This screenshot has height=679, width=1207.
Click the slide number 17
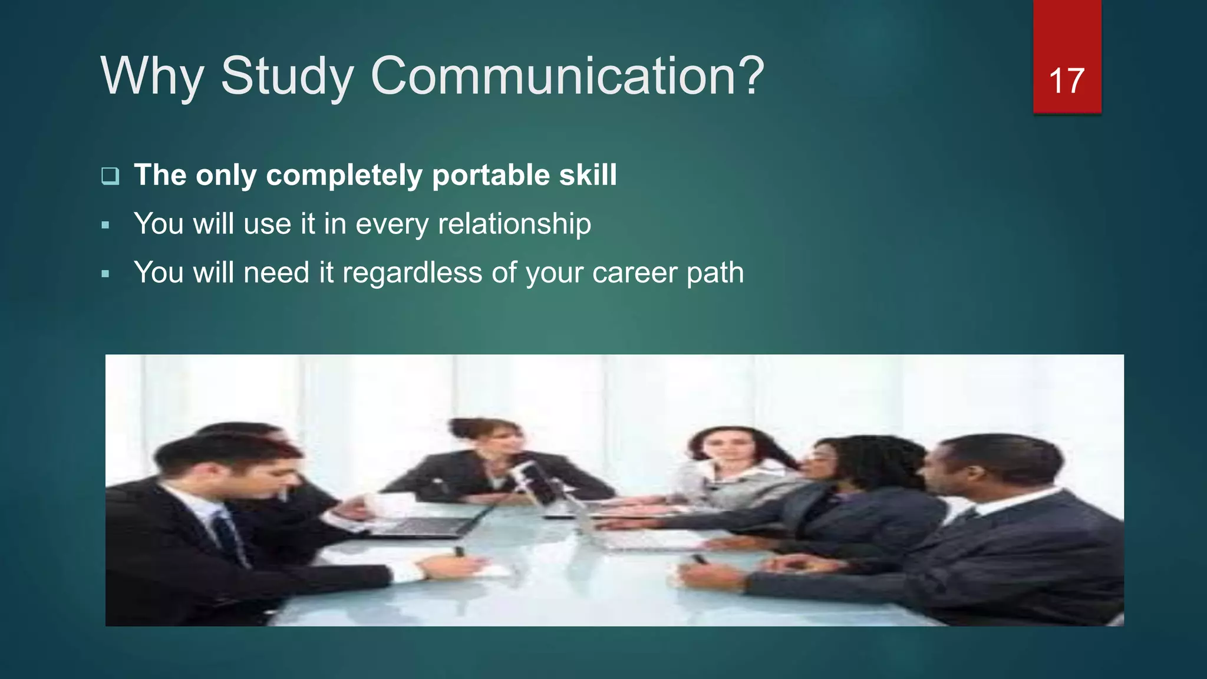click(1066, 81)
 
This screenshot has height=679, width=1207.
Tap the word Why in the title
click(152, 77)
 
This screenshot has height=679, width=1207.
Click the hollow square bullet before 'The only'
click(110, 176)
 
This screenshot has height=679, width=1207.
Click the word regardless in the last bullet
click(412, 273)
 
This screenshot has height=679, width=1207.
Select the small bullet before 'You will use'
click(105, 225)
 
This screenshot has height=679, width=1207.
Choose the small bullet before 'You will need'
click(105, 274)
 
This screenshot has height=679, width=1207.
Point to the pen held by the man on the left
click(459, 552)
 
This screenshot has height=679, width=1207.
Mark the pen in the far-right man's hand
click(700, 559)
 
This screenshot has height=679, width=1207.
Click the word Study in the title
click(286, 77)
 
